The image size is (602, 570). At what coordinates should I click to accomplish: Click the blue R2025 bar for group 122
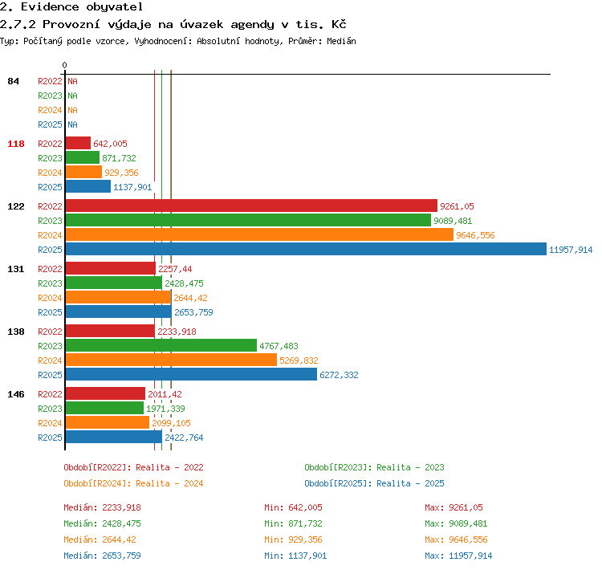[x=306, y=249]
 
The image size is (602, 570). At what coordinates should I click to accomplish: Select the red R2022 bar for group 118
[x=78, y=143]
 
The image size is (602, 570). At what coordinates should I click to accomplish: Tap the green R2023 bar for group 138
[x=161, y=345]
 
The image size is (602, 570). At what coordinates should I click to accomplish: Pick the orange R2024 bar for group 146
[x=108, y=422]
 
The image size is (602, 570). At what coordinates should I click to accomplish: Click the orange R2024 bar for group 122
[x=259, y=234]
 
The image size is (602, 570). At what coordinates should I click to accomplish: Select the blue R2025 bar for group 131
[x=119, y=311]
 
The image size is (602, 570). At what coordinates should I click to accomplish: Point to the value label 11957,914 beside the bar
[x=571, y=250]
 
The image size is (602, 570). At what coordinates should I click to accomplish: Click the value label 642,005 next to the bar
[x=110, y=144]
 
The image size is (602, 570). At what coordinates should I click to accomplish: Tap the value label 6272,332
[x=339, y=375]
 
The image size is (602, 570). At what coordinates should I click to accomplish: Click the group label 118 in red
[x=16, y=144]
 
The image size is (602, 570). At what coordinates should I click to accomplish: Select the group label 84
[x=13, y=81]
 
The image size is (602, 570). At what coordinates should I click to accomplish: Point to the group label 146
[x=16, y=394]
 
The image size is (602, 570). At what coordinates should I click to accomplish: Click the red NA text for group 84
[x=72, y=81]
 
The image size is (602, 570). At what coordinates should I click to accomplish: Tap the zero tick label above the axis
[x=64, y=65]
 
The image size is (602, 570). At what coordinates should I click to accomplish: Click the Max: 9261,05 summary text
[x=454, y=507]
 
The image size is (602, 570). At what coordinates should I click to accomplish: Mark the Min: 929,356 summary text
[x=293, y=539]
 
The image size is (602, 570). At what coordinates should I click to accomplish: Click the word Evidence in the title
[x=50, y=7]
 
